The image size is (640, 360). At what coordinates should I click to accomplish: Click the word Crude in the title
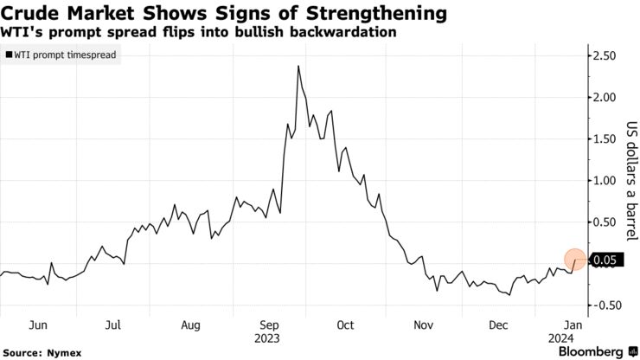click(x=32, y=14)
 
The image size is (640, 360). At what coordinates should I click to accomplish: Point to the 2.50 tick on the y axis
click(x=605, y=56)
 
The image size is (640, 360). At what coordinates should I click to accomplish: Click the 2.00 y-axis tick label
click(x=605, y=98)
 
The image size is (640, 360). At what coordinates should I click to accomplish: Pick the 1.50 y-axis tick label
click(x=605, y=139)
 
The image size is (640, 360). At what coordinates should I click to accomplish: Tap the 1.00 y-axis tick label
click(x=605, y=181)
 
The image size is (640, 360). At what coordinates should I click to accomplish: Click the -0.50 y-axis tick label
click(x=603, y=305)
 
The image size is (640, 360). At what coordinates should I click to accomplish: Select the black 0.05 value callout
click(x=605, y=260)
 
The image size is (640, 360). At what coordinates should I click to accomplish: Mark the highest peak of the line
click(x=298, y=66)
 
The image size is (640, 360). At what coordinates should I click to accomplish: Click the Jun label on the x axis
click(x=36, y=325)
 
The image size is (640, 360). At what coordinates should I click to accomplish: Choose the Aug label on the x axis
click(x=191, y=325)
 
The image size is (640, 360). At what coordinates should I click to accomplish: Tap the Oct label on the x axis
click(x=345, y=325)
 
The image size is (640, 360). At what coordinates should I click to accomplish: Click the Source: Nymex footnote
click(x=37, y=352)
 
